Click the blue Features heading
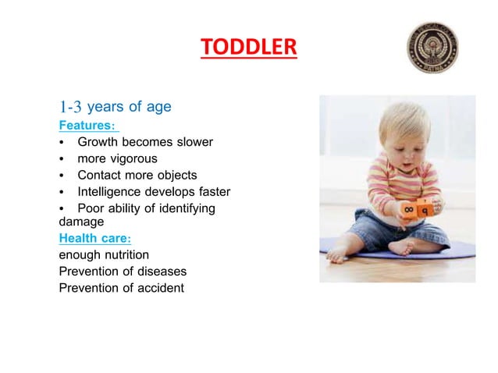point(87,125)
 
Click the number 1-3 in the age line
point(70,107)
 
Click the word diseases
point(162,272)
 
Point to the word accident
point(158,288)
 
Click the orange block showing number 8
point(409,211)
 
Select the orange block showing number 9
point(425,211)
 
